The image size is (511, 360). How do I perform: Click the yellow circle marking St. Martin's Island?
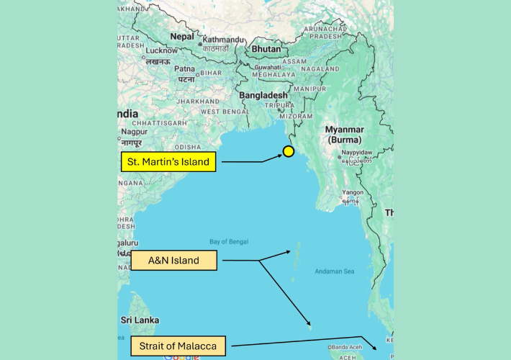point(288,151)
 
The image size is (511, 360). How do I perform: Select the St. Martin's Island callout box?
point(168,161)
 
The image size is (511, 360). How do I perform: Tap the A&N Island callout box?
point(173,260)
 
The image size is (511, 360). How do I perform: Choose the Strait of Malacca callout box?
point(178,346)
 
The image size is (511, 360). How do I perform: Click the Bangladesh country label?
point(263,95)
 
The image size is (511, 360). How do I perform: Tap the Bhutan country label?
point(266,49)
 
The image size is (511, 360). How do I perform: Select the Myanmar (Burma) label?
point(345,134)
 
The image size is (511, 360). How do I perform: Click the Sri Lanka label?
point(139,320)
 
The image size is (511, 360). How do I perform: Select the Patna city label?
point(186,69)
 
